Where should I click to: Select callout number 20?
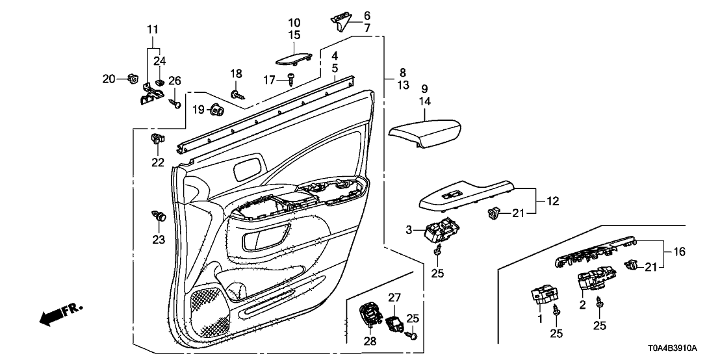pos(108,79)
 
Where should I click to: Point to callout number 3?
pos(409,229)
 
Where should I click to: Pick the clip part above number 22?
pos(158,138)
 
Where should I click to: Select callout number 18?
pos(236,73)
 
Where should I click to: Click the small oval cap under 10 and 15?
pos(292,60)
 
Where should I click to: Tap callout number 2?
pos(582,303)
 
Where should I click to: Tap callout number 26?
pos(174,81)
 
